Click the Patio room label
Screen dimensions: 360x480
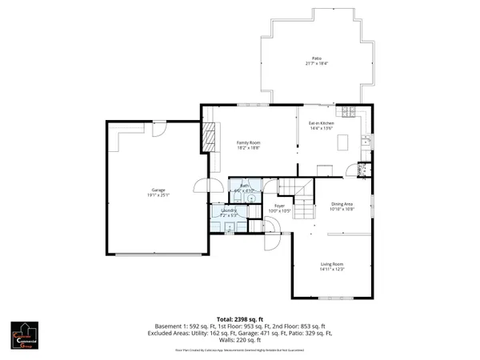[x=317, y=58]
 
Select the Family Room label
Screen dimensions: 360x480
[x=249, y=142]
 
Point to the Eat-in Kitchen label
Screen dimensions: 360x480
[x=321, y=122]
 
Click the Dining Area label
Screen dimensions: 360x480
[x=342, y=204]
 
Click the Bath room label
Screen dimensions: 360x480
[x=243, y=187]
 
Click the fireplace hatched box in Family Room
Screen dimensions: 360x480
[x=210, y=137]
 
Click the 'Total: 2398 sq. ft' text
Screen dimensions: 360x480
[x=240, y=319]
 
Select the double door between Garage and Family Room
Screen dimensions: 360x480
[x=214, y=186]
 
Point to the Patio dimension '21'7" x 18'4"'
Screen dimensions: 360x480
[x=317, y=63]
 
